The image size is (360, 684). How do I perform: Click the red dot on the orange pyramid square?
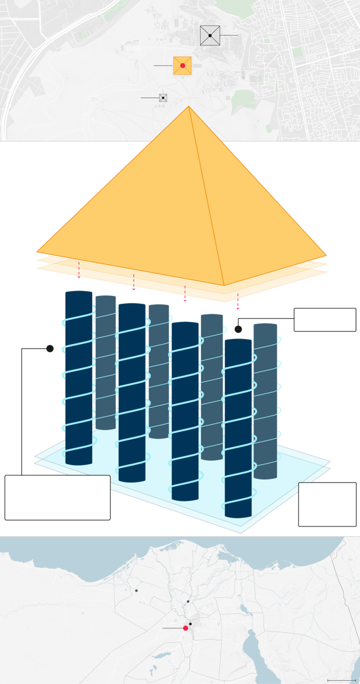[183, 66]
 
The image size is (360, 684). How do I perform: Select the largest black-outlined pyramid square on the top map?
[210, 35]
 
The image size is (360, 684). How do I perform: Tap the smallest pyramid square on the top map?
[163, 98]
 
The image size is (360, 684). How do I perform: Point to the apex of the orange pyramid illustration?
[189, 106]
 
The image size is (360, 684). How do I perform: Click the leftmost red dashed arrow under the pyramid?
[79, 270]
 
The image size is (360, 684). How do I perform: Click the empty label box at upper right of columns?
[325, 319]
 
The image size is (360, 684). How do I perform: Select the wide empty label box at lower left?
[58, 497]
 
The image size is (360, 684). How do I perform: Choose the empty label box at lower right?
[327, 504]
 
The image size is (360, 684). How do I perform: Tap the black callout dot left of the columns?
[50, 349]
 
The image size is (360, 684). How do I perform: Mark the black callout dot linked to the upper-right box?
[238, 329]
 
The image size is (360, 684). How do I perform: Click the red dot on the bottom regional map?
[186, 628]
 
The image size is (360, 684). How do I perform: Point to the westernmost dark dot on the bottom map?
[136, 590]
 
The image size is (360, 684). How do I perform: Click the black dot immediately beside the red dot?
[190, 624]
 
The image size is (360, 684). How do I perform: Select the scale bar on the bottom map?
[342, 680]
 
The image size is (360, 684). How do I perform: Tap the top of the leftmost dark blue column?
[78, 293]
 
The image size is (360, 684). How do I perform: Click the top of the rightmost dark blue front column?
[238, 341]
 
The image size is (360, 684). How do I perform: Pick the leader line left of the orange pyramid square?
[163, 66]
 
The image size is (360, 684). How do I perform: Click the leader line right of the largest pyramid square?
[229, 35]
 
